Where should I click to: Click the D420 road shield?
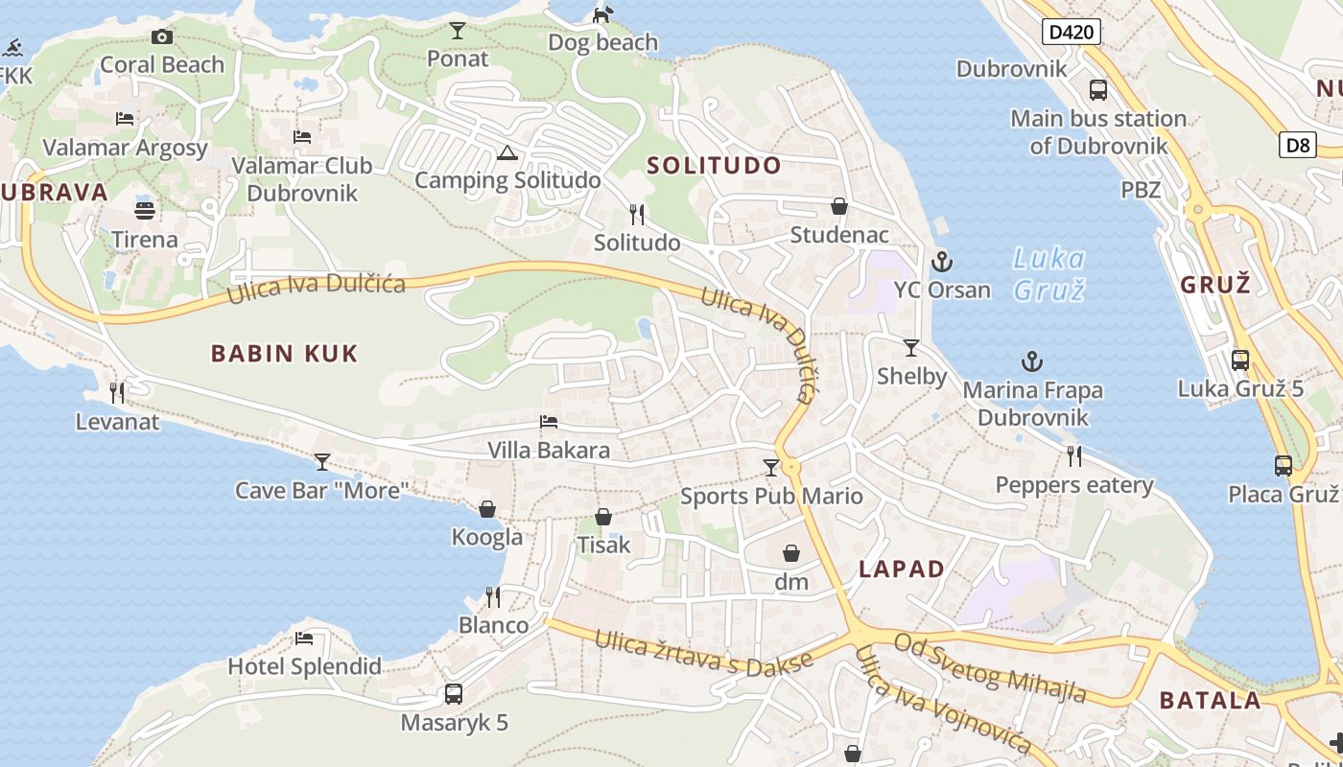coord(1071,33)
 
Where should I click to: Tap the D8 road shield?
coord(1297,146)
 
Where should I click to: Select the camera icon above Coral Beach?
coord(162,36)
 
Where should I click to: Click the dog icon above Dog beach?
coord(602,14)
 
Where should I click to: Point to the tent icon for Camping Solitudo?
coord(507,152)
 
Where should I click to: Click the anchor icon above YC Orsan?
coord(942,261)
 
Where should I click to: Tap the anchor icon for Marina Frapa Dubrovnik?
coord(1032,361)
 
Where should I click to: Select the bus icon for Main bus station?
coord(1098,90)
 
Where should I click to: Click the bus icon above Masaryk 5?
coord(454,693)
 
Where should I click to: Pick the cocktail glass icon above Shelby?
coord(911,348)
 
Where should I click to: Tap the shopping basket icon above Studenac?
coord(839,206)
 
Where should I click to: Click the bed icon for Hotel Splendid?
coord(304,638)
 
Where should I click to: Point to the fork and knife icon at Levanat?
coord(117,392)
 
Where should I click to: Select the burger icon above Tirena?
coord(145,210)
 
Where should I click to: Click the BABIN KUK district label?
coord(284,354)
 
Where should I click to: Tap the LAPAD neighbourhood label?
coord(902,569)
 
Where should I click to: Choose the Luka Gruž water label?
coord(1049,273)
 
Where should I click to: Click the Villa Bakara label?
coord(549,450)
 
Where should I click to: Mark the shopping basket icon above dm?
coord(791,553)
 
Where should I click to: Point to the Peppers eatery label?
coord(1074,485)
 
